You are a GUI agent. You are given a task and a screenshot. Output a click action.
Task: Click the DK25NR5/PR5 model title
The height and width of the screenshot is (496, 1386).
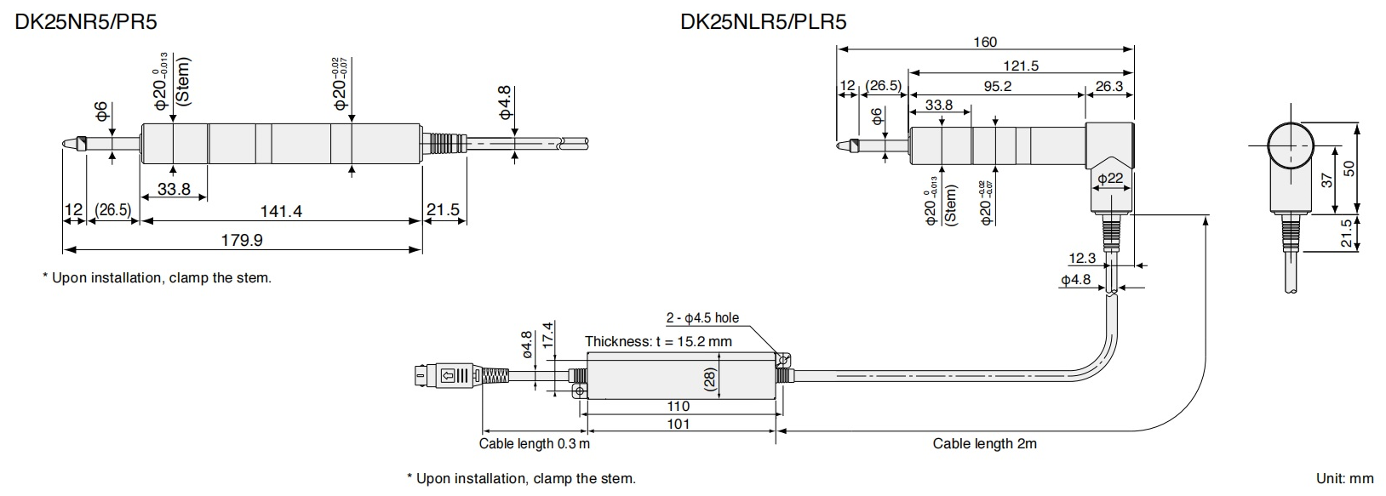[x=86, y=21]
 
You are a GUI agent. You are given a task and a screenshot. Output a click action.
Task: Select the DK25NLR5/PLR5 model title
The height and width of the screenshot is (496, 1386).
[x=763, y=21]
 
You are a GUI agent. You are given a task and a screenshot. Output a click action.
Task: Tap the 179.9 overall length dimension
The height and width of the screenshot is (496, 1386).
[x=242, y=240]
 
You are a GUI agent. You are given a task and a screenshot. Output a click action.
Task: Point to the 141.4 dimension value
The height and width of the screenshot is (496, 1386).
[x=281, y=211]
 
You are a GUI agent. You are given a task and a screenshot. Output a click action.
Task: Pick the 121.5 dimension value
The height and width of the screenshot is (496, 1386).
[x=1021, y=66]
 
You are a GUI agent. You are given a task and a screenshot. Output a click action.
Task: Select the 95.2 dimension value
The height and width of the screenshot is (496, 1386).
[x=997, y=86]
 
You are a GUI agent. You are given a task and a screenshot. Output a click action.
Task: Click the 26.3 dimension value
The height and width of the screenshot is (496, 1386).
[x=1109, y=86]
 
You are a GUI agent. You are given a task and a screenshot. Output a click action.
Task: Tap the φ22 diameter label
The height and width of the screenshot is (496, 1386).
[x=1110, y=179]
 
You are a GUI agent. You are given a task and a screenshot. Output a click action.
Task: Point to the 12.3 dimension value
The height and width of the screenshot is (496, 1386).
[x=1082, y=258]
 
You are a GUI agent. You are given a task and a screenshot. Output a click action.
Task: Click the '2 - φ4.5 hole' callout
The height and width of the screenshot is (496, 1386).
[x=702, y=318]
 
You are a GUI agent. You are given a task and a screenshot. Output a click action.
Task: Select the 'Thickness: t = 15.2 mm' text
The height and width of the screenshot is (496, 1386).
[x=658, y=342]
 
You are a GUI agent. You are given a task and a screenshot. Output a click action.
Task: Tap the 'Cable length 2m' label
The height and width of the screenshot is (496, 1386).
[x=984, y=443]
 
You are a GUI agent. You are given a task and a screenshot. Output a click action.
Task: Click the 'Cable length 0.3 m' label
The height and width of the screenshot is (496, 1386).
[x=534, y=443]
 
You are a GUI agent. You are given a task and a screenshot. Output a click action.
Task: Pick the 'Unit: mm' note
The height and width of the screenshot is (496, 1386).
[x=1344, y=479]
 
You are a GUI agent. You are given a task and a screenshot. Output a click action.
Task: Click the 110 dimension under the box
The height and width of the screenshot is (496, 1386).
[x=678, y=407]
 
